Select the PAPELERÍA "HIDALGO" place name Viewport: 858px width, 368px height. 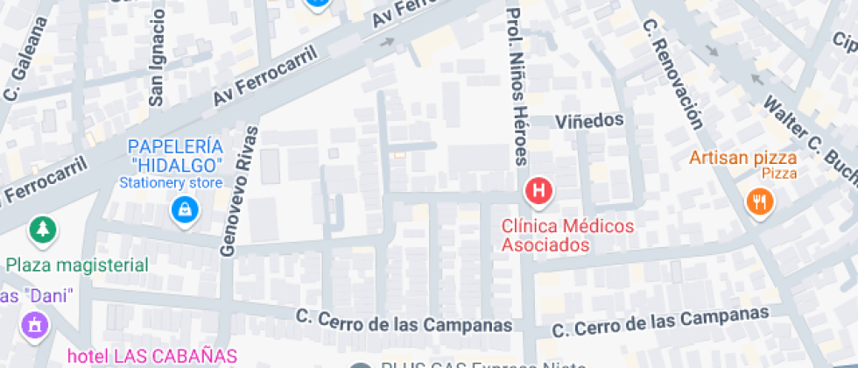(x=176, y=155)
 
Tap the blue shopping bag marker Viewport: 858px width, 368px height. (x=183, y=209)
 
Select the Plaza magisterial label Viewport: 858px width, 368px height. (x=77, y=265)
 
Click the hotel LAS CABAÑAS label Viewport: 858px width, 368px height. (x=153, y=356)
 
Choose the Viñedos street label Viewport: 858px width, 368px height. (x=588, y=119)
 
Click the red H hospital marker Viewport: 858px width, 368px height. (x=539, y=190)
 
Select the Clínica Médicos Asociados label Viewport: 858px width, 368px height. (x=566, y=236)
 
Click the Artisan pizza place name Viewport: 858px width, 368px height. (x=742, y=158)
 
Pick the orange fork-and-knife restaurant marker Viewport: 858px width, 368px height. (x=758, y=202)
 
